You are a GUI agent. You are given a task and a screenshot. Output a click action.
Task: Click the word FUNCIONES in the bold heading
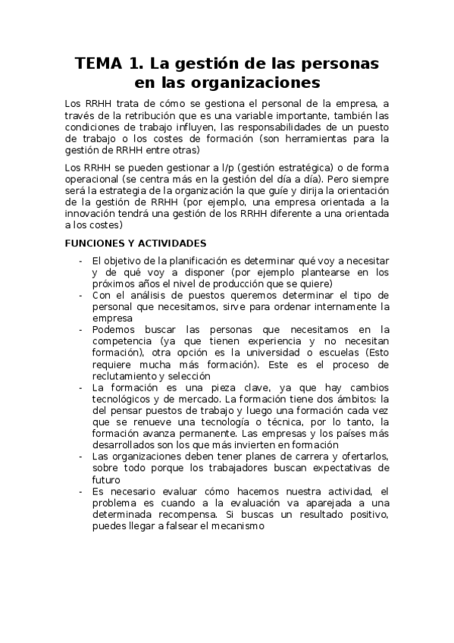99,243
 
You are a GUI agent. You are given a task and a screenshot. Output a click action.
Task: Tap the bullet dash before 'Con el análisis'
81,295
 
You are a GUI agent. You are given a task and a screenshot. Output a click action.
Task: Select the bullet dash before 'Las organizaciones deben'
81,456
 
